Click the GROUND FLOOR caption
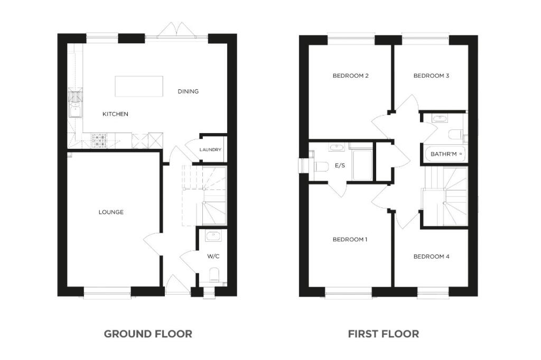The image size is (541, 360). pos(148,334)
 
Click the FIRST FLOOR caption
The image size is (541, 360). pos(383,334)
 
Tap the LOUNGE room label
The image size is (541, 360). pos(111,212)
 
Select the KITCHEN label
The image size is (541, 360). pos(115,114)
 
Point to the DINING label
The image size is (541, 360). pos(188,91)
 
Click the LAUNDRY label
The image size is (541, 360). pos(210,150)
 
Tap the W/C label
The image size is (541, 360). pos(213,257)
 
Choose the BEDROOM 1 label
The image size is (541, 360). pos(350,239)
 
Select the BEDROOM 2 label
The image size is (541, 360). pos(350,75)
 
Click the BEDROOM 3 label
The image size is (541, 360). pos(431,75)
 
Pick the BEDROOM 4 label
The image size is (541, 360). pos(431,257)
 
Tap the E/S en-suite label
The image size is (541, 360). pos(340,166)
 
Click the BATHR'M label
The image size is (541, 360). pos(443,154)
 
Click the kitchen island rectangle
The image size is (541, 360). pos(139,86)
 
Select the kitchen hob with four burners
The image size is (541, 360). pos(99,140)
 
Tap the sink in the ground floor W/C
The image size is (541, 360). pos(213,236)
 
